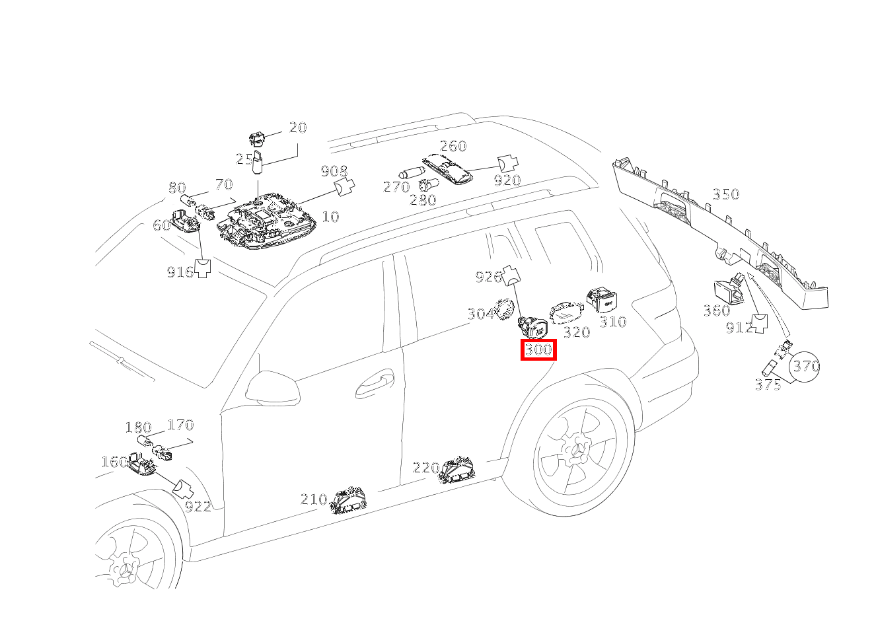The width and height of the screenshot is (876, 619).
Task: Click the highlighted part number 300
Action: (x=538, y=349)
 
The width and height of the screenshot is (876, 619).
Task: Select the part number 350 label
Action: (x=725, y=194)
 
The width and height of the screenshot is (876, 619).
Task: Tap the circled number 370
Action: (x=806, y=366)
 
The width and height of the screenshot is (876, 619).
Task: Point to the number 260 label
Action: (x=453, y=146)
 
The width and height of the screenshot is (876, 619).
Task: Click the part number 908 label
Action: (x=334, y=172)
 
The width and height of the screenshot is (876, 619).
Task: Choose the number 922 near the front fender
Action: (x=198, y=507)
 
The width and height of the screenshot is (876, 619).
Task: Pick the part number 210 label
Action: (x=314, y=499)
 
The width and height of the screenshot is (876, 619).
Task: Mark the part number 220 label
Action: (x=425, y=468)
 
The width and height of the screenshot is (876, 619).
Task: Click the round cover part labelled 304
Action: (x=507, y=309)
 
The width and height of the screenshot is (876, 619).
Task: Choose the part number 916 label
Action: (x=180, y=272)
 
